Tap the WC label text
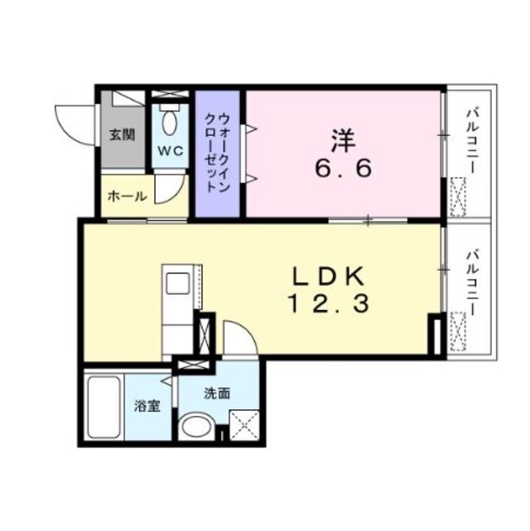pos(171,151)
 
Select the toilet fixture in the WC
pos(171,123)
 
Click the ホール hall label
pos(128,196)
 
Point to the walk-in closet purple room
pos(217,153)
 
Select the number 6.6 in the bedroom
pos(342,167)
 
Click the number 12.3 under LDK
pos(327,305)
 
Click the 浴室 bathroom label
pos(147,406)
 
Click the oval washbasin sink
pos(196,427)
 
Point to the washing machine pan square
pos(244,425)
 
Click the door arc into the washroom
pos(240,340)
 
